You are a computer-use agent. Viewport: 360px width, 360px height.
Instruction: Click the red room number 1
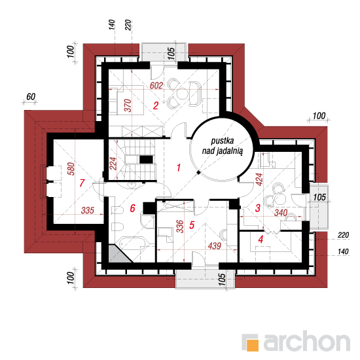179,168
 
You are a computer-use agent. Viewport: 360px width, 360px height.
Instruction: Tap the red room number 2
156,105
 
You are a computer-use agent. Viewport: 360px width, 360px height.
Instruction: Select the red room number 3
258,208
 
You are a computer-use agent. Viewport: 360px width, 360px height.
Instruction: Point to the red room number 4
261,240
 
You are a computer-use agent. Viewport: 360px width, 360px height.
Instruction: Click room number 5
192,225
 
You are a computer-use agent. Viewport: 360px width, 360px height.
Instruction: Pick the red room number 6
133,208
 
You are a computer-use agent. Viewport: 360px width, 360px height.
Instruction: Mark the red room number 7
82,183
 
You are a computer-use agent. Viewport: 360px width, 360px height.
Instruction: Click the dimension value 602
156,85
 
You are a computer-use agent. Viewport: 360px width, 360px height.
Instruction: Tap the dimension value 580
71,169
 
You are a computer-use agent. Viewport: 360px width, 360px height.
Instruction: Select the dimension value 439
215,246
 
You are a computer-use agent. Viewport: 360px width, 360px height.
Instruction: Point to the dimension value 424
259,180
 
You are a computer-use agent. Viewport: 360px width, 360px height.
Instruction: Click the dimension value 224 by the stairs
113,164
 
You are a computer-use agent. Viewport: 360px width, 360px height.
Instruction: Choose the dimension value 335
88,210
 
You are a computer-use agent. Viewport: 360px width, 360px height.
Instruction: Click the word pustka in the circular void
223,141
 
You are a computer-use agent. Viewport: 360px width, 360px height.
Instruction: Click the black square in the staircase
146,160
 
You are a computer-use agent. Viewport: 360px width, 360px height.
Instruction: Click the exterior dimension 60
31,97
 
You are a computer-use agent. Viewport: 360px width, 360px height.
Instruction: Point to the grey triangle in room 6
118,254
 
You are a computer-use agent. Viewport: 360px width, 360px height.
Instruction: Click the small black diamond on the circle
198,172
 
